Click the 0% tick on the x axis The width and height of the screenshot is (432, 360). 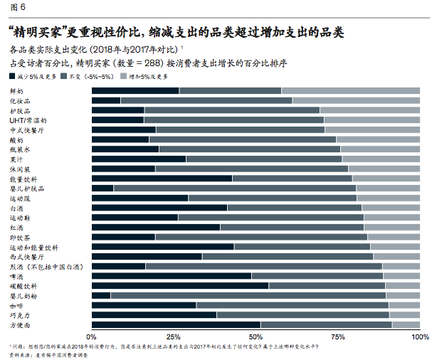pos(92,336)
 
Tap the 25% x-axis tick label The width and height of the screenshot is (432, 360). pos(173,336)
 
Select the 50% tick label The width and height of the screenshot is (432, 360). pos(255,336)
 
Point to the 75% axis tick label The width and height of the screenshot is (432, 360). pos(337,336)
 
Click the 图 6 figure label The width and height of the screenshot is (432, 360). pos(16,8)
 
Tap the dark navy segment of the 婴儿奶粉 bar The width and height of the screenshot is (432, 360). pos(101,295)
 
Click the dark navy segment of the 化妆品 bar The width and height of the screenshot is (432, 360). pos(106,100)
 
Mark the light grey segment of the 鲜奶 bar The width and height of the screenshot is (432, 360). pos(350,90)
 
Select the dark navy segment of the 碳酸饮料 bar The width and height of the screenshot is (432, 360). pos(180,285)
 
